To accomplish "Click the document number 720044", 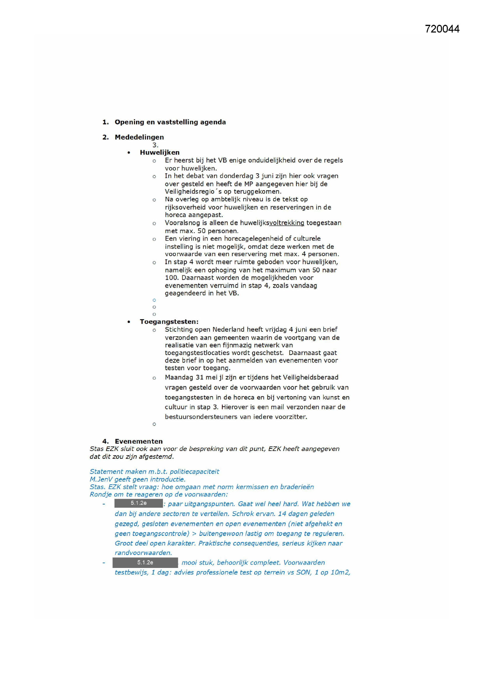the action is tap(442, 29).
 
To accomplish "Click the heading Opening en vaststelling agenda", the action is tap(170, 122).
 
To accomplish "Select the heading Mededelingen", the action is tap(139, 137).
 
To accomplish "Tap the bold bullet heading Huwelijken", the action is tap(160, 152).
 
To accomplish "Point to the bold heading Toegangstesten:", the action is tap(169, 322).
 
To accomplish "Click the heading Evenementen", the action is tap(139, 441).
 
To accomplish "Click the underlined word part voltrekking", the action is tap(287, 223).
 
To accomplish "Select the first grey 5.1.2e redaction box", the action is tap(139, 503).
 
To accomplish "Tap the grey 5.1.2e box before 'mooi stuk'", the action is tap(145, 563).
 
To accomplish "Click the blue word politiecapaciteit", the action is tap(194, 471).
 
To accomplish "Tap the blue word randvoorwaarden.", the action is tap(143, 553).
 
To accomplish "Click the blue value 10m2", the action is tap(340, 572).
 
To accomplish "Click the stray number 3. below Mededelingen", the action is tap(155, 145).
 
